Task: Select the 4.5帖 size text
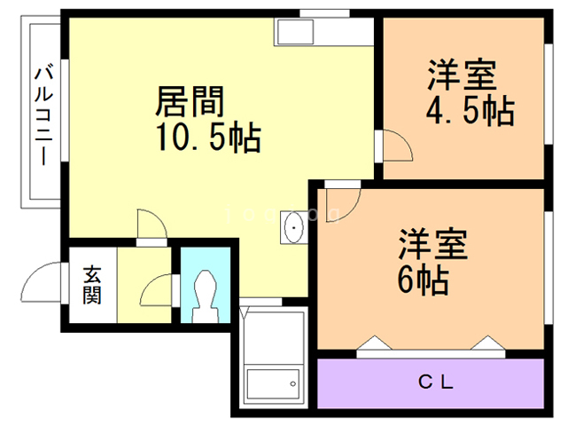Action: [469, 112]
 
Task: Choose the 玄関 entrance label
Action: [92, 285]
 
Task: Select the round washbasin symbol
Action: [292, 229]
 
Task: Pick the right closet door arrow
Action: [486, 343]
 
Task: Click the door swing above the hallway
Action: [149, 224]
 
